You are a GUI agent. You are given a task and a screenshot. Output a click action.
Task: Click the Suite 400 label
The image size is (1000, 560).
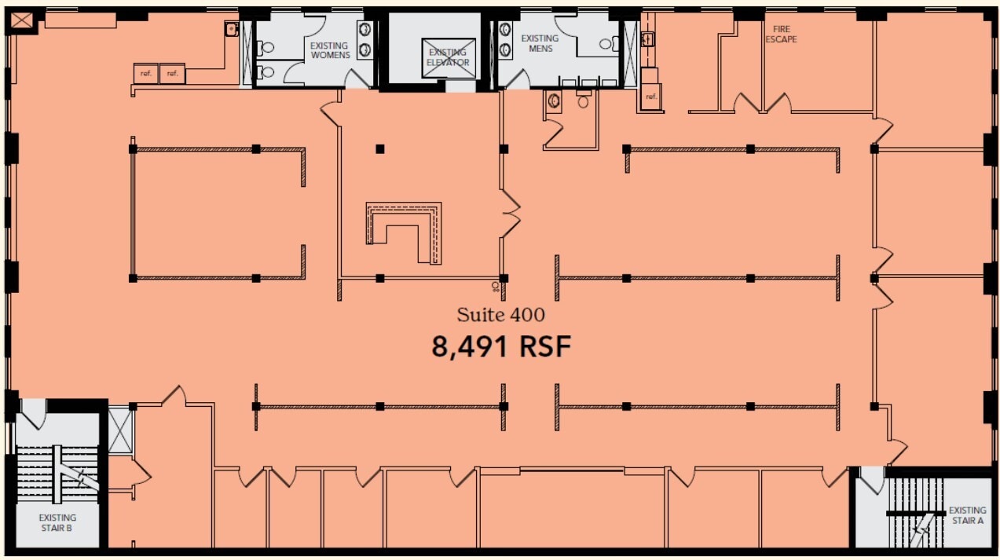tap(500, 315)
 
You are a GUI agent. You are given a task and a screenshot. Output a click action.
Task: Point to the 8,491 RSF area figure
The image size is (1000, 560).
tap(500, 346)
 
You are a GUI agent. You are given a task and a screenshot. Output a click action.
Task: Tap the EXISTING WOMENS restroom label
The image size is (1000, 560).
tap(330, 50)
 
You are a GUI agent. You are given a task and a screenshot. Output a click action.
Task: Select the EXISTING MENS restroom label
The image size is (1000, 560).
tap(540, 43)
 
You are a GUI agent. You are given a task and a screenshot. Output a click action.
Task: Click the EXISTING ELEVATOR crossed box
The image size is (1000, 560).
tap(449, 57)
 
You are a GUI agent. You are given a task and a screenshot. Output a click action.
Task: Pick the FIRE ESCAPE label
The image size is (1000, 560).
tap(781, 34)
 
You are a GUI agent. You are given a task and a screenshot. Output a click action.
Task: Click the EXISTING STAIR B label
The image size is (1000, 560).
tap(57, 523)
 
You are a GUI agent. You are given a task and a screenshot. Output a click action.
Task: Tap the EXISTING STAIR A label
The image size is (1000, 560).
tap(965, 515)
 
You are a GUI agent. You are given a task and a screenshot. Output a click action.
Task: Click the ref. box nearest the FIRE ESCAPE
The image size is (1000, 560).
tap(650, 97)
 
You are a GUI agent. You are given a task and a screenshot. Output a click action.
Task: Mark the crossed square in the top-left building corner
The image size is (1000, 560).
tap(22, 20)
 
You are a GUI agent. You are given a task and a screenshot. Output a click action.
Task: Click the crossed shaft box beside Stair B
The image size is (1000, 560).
tap(119, 430)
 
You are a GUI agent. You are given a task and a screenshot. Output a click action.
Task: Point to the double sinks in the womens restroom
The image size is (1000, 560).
tap(365, 40)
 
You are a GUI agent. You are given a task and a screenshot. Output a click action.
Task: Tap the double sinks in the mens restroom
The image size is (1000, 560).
tap(504, 40)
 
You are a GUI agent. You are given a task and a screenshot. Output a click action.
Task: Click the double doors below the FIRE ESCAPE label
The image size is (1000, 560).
tap(762, 103)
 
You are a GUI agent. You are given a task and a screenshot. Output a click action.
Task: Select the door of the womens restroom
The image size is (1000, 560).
tap(357, 78)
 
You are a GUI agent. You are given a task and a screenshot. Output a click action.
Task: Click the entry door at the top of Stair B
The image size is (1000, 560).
tap(33, 412)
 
